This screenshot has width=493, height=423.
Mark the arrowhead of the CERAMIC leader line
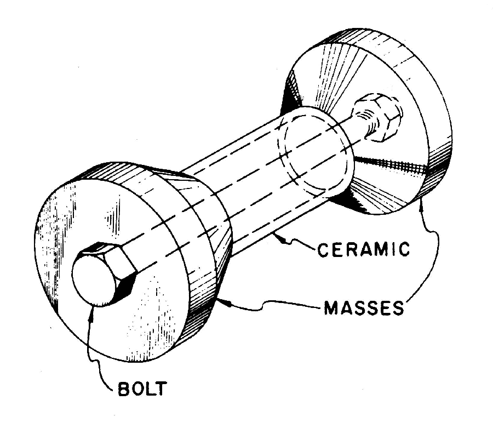click(277, 236)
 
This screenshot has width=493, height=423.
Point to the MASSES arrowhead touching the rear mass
click(421, 203)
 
